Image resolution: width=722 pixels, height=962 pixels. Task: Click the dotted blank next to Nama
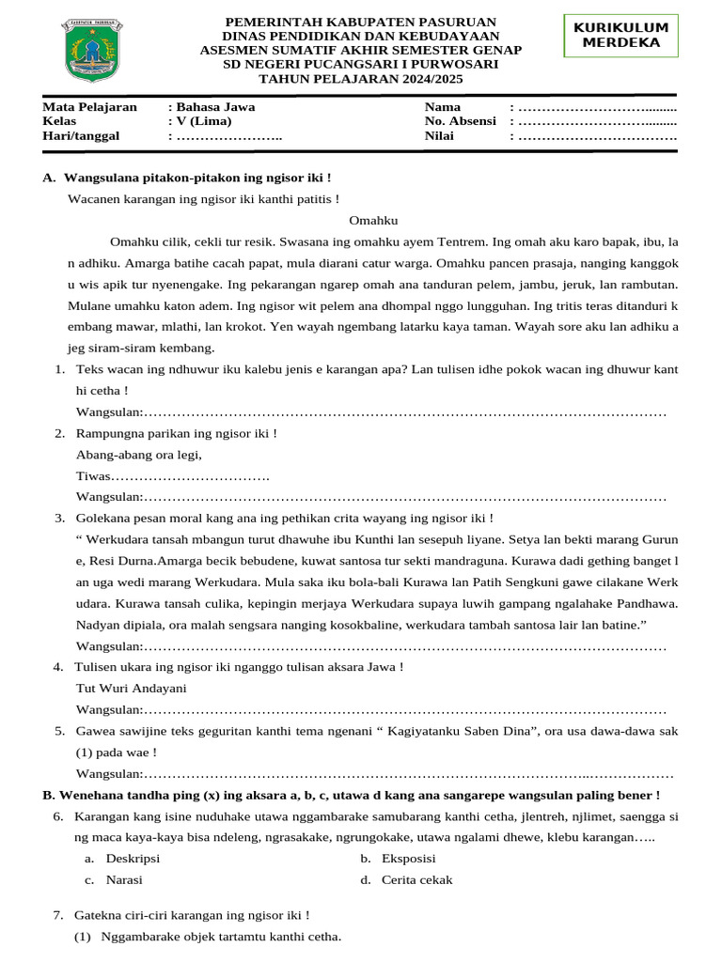click(x=597, y=107)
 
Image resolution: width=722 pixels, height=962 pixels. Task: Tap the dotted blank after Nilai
click(x=597, y=136)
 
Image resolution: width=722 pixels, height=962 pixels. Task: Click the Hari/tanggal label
click(x=82, y=136)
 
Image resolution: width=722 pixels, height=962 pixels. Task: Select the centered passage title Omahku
click(x=374, y=221)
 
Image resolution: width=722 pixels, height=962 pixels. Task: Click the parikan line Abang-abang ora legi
click(x=139, y=455)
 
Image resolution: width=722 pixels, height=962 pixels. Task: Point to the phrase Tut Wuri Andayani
click(x=132, y=687)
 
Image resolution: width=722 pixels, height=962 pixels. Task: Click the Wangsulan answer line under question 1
click(x=371, y=412)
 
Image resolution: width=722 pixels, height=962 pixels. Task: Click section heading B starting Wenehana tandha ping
click(x=352, y=795)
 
